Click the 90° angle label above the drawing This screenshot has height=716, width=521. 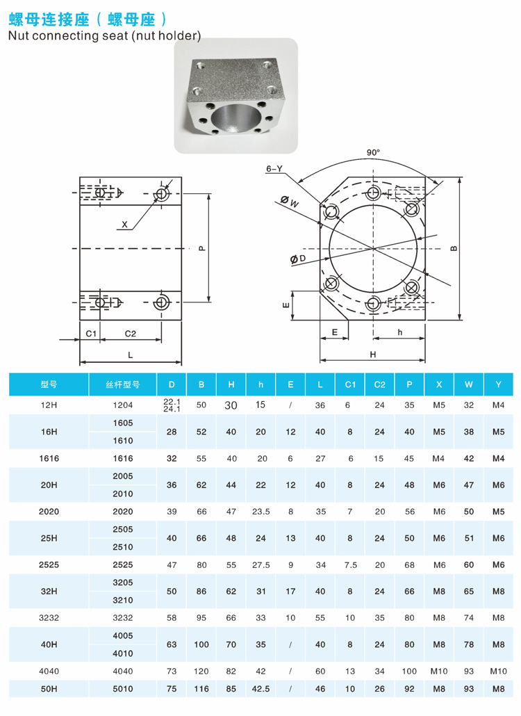(374, 152)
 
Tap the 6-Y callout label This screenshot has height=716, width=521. (274, 168)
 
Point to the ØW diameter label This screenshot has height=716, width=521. (290, 203)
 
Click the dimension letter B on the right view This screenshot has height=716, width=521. (453, 248)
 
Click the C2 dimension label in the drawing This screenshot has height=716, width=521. (130, 333)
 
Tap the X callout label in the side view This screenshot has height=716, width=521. (124, 225)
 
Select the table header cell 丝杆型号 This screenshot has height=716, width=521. (122, 384)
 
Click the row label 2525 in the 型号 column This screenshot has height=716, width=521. (49, 565)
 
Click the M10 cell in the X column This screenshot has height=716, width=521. (439, 672)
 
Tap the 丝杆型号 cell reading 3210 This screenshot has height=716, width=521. (122, 600)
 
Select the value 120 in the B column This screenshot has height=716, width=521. (201, 672)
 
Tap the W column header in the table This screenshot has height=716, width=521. (469, 384)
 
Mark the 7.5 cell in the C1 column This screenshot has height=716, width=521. (350, 565)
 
